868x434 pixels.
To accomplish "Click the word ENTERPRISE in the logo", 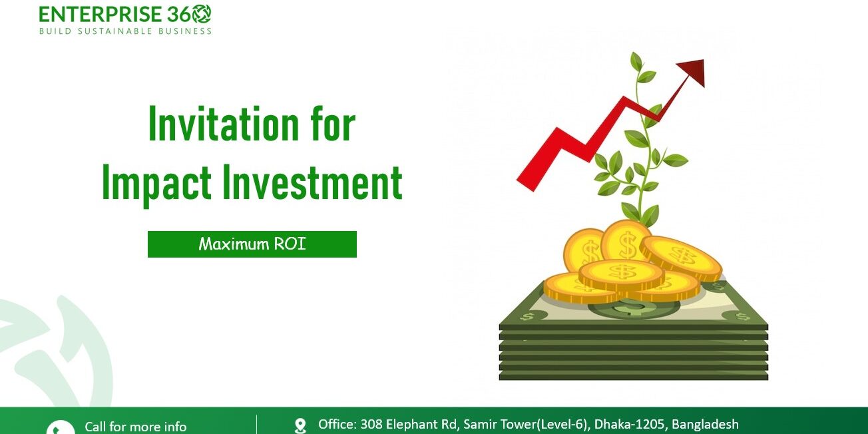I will click(x=101, y=14).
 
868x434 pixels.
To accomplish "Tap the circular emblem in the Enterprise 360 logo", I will click(x=200, y=13).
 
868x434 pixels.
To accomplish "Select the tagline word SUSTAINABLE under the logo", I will click(x=116, y=31).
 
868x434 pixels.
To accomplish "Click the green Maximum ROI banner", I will click(x=252, y=244).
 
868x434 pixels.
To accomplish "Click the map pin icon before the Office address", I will click(x=300, y=425).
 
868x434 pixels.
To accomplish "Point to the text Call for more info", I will click(x=136, y=427).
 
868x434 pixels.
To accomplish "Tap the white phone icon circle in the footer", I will click(x=61, y=429).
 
